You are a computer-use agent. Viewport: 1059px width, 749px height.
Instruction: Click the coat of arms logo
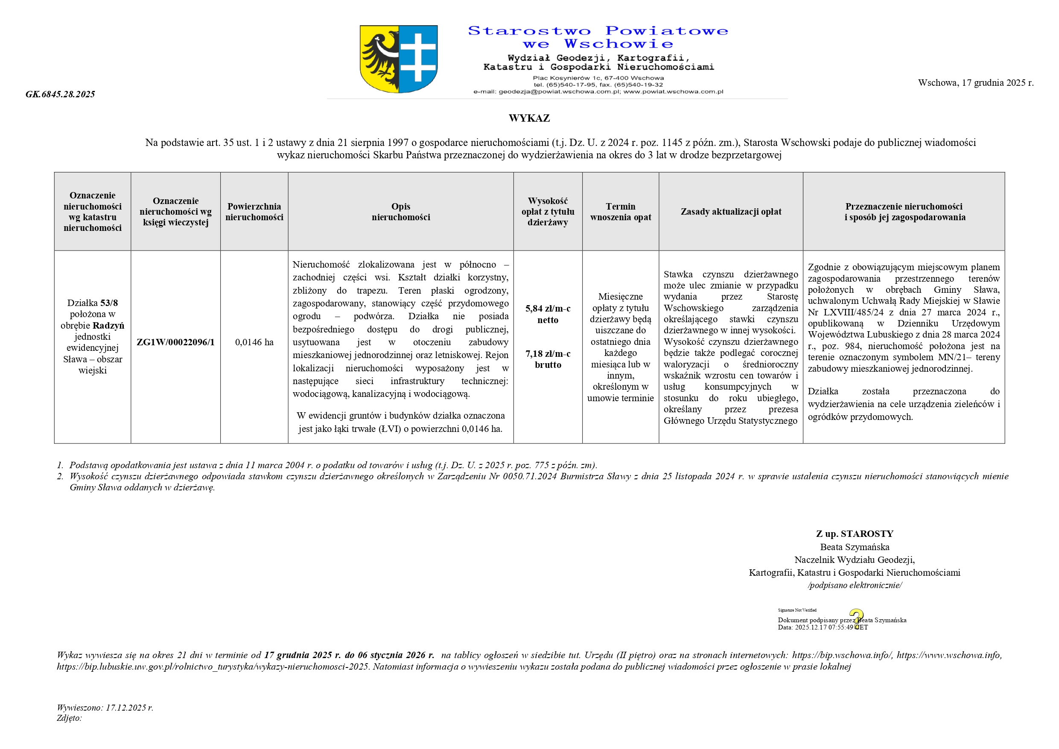(x=399, y=59)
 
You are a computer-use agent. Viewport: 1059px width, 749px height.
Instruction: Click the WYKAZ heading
(x=529, y=118)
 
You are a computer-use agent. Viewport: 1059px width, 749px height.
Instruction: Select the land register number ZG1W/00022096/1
(x=175, y=342)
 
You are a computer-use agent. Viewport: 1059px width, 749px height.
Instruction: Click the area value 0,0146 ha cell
(x=254, y=342)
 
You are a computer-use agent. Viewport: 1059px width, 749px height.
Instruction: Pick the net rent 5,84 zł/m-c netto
(x=548, y=314)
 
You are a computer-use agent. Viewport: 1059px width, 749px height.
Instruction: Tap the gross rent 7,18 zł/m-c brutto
(x=548, y=359)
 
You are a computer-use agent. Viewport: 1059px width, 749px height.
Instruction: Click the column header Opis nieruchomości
(x=400, y=212)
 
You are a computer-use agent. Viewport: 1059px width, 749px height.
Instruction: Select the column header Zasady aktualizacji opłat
(x=731, y=212)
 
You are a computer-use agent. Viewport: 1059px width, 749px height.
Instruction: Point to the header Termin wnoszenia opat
(x=620, y=212)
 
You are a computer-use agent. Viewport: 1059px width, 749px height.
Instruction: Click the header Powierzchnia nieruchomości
(x=254, y=212)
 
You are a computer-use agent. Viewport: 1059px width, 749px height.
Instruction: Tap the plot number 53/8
(x=109, y=303)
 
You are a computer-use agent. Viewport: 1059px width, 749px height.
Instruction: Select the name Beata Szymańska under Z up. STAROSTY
(x=854, y=547)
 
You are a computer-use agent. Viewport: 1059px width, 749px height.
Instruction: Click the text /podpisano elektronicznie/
(x=854, y=585)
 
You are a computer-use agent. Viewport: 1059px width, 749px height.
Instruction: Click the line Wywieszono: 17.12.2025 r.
(x=105, y=708)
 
